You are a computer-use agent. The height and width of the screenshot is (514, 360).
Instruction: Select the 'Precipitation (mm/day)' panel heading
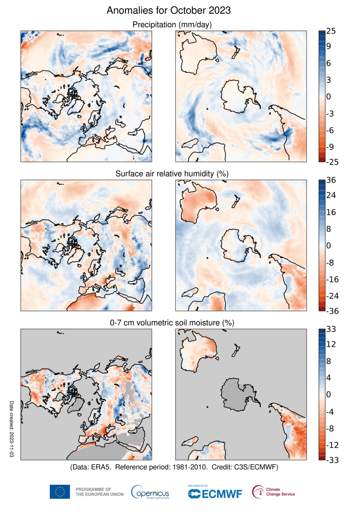coord(171,25)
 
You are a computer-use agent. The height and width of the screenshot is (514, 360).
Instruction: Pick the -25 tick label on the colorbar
coord(333,161)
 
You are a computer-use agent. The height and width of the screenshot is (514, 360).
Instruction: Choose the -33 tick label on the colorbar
coord(333,460)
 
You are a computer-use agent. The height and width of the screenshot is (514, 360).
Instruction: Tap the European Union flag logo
coord(60,492)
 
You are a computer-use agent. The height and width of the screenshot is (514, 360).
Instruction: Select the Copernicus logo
coord(150,492)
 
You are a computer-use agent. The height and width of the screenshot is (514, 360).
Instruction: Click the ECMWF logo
coord(214,493)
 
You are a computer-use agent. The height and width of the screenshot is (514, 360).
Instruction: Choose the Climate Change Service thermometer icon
coord(258,492)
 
